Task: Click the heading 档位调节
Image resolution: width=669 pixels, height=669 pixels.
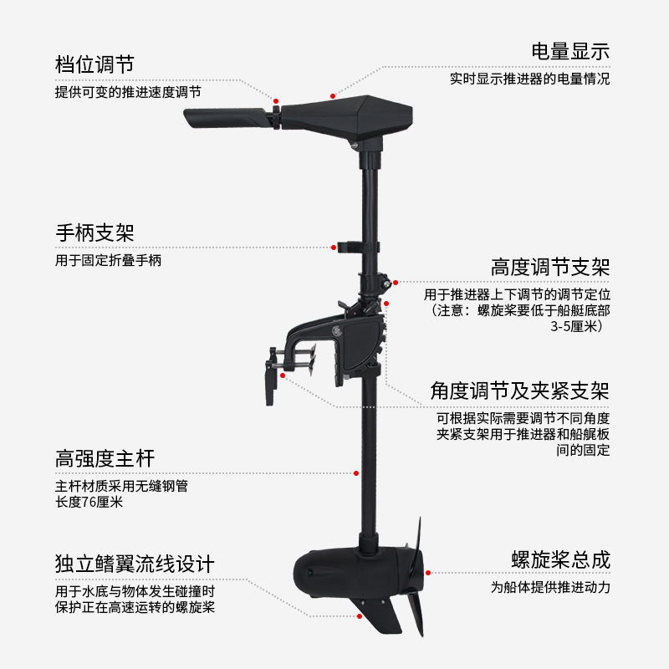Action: pyautogui.click(x=94, y=64)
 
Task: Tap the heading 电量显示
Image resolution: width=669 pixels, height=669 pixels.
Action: pyautogui.click(x=570, y=51)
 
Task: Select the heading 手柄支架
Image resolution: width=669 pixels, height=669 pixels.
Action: pyautogui.click(x=94, y=232)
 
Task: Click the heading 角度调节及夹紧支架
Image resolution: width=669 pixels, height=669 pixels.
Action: pyautogui.click(x=519, y=391)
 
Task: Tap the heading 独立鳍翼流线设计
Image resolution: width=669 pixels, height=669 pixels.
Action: pyautogui.click(x=135, y=563)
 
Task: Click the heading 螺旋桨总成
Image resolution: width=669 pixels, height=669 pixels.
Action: pyautogui.click(x=560, y=559)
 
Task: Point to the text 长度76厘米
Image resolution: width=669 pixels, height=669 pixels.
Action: pyautogui.click(x=89, y=502)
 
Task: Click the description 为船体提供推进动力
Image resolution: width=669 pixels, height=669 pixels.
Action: pyautogui.click(x=550, y=587)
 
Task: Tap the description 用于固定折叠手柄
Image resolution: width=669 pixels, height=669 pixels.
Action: pyautogui.click(x=108, y=261)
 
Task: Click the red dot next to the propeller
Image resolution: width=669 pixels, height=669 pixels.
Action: pyautogui.click(x=428, y=574)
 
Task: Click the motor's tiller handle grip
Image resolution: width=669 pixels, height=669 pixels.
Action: pyautogui.click(x=226, y=118)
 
